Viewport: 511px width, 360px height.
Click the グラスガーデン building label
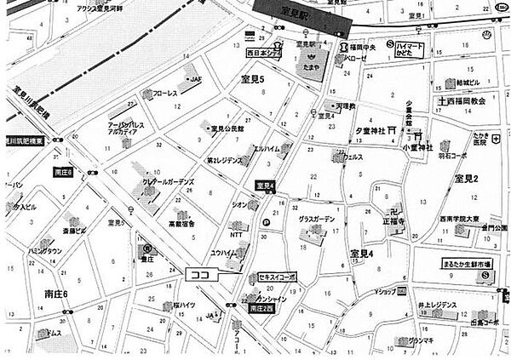click(x=318, y=220)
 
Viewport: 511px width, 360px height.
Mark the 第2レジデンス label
click(x=225, y=160)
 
